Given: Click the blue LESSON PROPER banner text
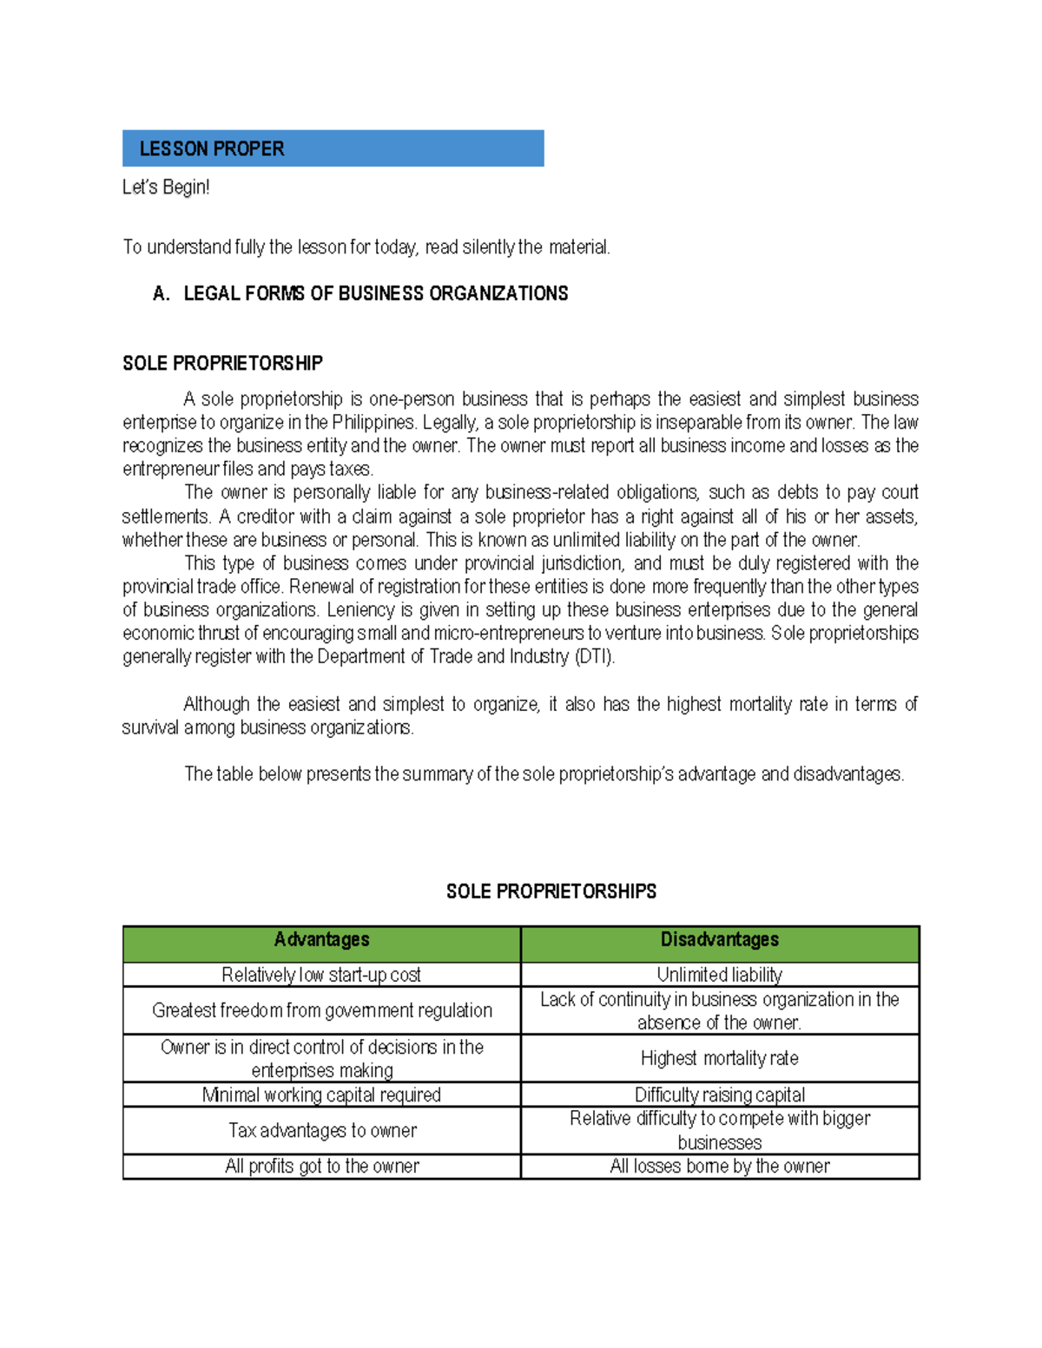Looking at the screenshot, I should coord(212,148).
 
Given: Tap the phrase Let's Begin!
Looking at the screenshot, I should coord(166,187).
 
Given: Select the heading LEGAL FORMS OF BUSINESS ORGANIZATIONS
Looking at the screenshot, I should coord(375,293).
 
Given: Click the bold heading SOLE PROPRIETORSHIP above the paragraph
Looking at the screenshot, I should coord(222,363).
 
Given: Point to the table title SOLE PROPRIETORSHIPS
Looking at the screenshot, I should coord(551,891).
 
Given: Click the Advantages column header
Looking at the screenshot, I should coord(321,940).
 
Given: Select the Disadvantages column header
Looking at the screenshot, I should coord(719,940).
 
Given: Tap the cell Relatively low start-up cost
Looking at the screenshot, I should coord(321,975).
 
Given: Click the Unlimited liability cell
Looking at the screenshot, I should coord(719,975).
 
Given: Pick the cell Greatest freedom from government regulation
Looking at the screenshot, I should coord(321,1010).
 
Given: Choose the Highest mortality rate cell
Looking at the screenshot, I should coord(719,1058).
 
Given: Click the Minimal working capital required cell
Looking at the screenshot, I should coord(321,1095).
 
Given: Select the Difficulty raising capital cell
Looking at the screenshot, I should coord(719,1095).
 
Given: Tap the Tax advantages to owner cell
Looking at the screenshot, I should coord(321,1130).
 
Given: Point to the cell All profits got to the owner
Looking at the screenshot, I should coord(321,1166).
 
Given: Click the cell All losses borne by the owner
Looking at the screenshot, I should coord(719,1166).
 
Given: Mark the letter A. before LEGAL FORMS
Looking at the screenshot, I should coord(161,293).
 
